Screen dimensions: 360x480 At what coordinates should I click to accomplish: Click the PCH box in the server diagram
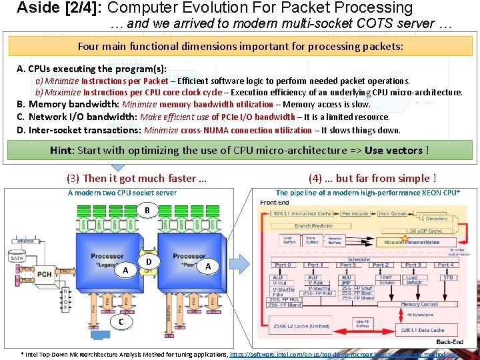[45, 273]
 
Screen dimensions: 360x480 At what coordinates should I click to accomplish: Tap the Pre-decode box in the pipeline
[354, 214]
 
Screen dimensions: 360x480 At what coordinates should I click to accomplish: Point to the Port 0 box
[283, 265]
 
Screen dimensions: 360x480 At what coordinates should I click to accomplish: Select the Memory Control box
[419, 304]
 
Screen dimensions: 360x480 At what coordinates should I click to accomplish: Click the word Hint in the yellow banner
[63, 150]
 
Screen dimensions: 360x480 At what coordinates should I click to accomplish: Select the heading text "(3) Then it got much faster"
[136, 178]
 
